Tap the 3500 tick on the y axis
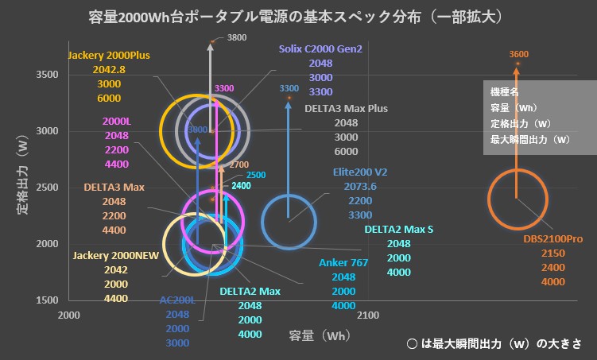(x=45, y=75)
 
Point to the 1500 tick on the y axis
(x=45, y=300)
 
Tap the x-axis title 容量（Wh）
(x=319, y=335)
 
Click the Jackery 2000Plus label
(x=109, y=56)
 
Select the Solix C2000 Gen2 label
(x=320, y=48)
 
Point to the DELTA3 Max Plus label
(x=346, y=109)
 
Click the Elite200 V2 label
(x=360, y=172)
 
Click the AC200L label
(x=176, y=300)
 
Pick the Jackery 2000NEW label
(x=115, y=256)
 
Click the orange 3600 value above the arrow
(x=518, y=54)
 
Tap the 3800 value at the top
(x=237, y=37)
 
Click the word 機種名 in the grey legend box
(x=506, y=92)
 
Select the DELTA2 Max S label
(x=399, y=230)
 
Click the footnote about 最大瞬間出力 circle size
(x=494, y=344)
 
